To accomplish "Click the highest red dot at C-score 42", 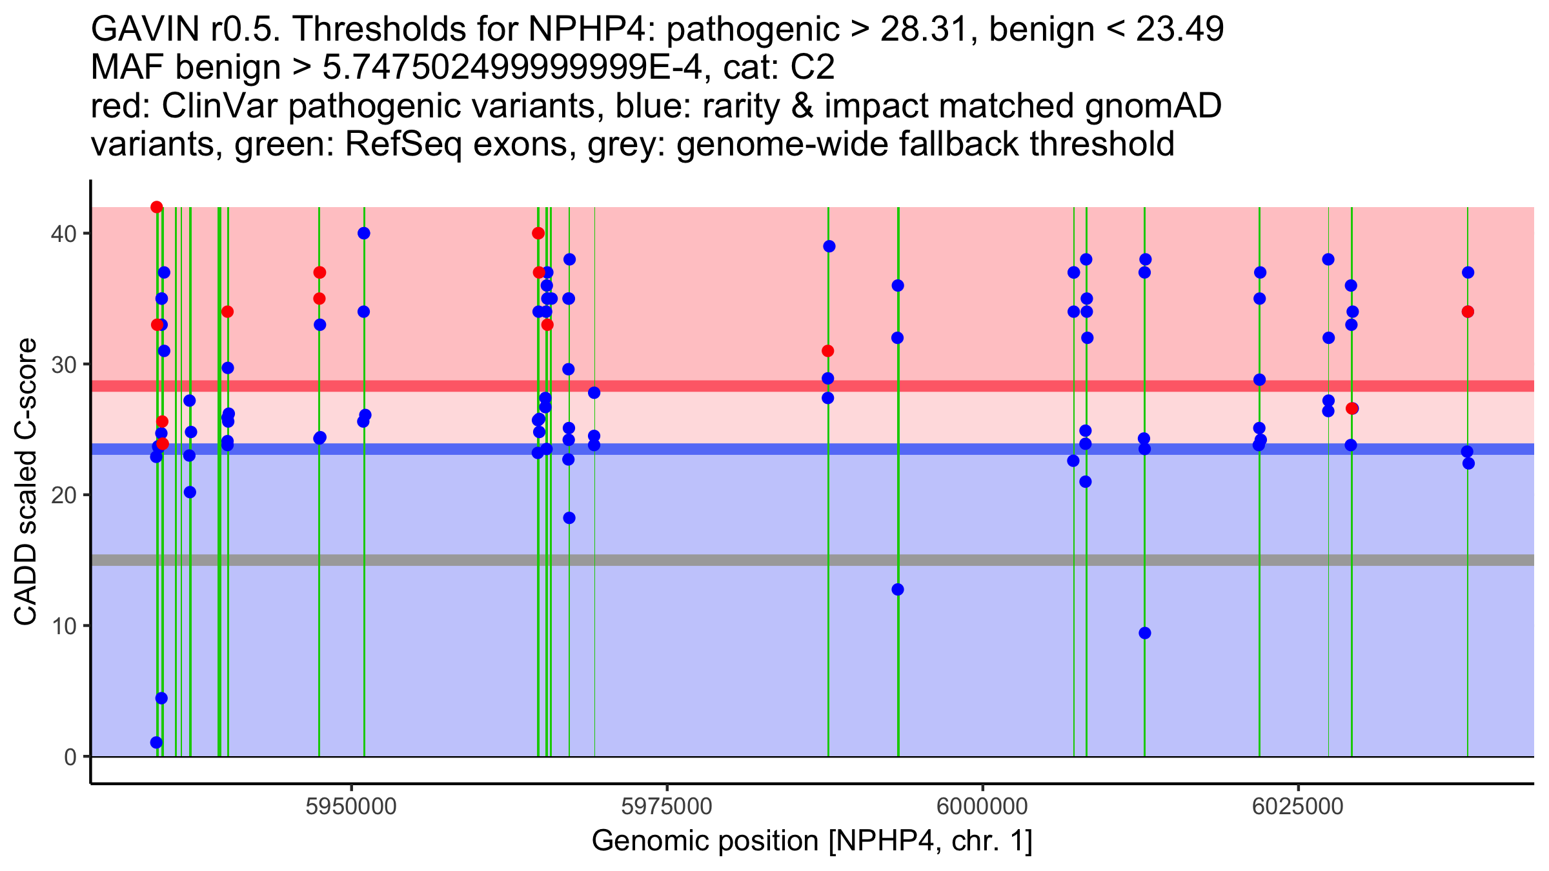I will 156,207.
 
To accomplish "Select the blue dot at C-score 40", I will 364,233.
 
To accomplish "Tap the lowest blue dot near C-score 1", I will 156,743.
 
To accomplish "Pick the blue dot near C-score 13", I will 898,590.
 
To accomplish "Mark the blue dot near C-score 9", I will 1145,633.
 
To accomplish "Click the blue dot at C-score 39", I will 829,246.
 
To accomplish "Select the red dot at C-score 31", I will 828,351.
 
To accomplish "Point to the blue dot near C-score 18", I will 569,518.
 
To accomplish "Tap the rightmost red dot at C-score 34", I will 1468,312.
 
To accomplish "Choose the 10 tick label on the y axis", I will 64,626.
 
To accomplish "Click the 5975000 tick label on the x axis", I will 667,806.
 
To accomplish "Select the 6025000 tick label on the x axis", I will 1298,806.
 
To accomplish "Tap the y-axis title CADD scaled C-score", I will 26,483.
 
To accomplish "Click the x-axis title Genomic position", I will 811,841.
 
